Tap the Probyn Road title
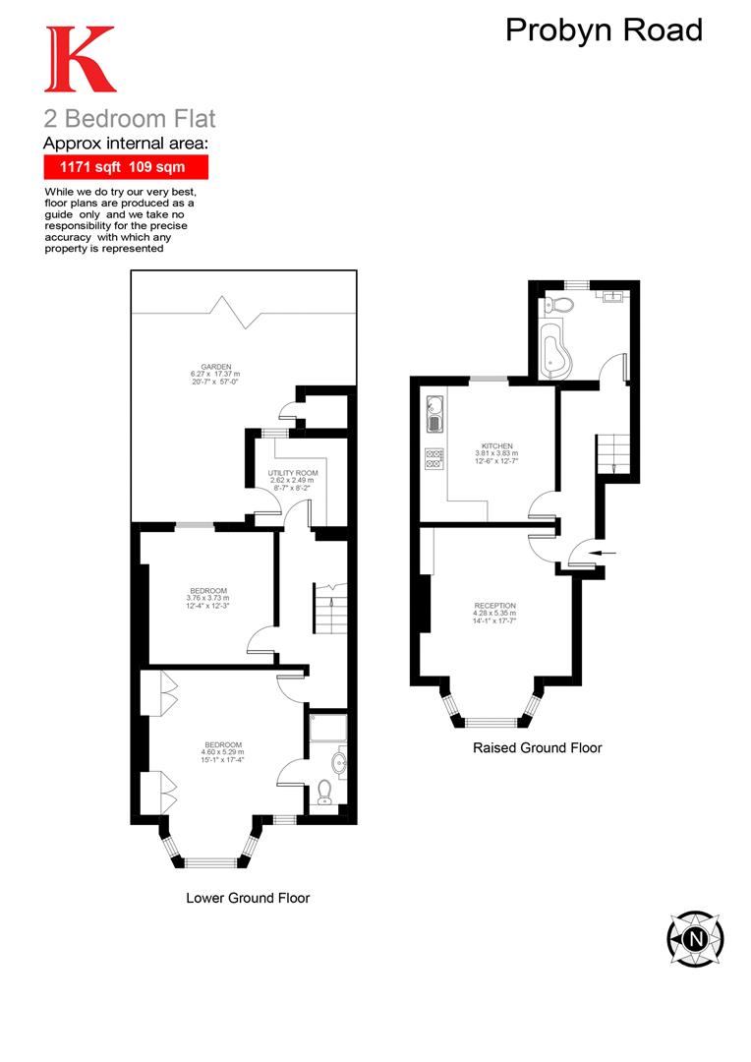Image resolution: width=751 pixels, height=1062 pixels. pos(604,29)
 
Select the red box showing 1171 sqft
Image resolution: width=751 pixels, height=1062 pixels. pos(125,167)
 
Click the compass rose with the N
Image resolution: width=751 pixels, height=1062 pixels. pos(695,937)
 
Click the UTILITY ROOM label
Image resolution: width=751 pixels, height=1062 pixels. pos(289,473)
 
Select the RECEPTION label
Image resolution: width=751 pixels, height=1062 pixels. pos(494,606)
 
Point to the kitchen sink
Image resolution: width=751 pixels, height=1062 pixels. pos(434,413)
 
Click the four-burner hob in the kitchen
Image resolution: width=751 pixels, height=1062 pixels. pos(434,459)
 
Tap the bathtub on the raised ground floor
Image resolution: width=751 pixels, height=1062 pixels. pos(555,346)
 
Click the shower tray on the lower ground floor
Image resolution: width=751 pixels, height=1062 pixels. pos(325,728)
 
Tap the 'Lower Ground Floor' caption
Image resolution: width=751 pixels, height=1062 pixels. pos(248,898)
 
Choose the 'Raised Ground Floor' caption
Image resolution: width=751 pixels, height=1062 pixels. pos(537,747)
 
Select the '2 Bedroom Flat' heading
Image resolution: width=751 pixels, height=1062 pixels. pos(129,119)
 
